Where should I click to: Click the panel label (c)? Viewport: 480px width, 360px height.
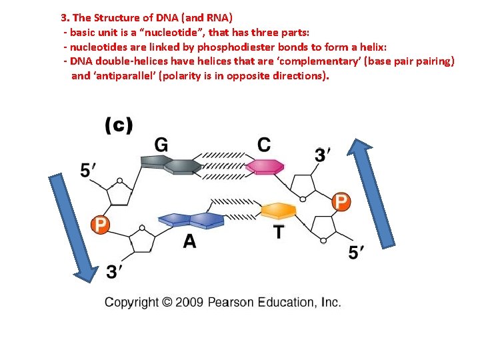(119, 125)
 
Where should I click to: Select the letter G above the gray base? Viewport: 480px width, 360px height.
(161, 145)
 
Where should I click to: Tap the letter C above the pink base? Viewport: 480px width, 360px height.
(264, 145)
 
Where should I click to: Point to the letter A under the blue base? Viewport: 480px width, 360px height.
(190, 241)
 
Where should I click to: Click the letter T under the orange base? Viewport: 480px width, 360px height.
(279, 233)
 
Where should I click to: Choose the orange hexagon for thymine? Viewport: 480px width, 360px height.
(278, 211)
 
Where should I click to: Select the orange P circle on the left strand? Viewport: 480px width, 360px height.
(99, 225)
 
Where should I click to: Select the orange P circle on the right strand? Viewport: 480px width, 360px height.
(341, 201)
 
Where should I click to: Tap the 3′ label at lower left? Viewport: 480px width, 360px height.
(115, 271)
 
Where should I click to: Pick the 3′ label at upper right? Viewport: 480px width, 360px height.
(323, 155)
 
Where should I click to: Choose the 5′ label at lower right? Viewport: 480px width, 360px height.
(357, 253)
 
